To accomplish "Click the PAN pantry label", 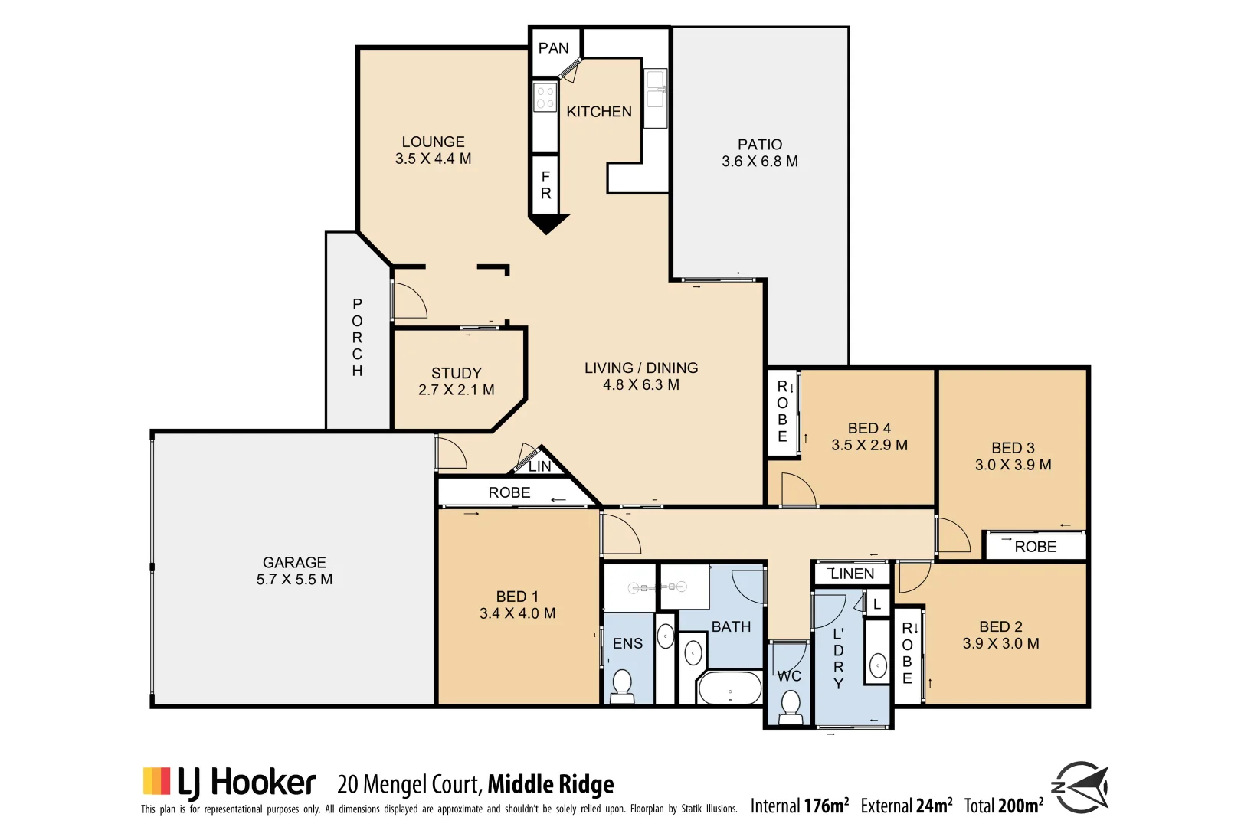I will tap(553, 48).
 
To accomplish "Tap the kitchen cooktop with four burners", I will tap(545, 98).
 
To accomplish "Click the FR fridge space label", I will tap(545, 185).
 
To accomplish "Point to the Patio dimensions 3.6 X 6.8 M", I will tap(759, 162).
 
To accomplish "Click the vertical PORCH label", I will tap(357, 337).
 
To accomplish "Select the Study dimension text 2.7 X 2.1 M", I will tap(456, 390).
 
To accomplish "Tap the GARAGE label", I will tap(294, 562).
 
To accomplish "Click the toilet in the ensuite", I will tap(621, 685).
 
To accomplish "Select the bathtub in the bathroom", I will tap(729, 688).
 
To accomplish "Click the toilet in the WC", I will tap(790, 705).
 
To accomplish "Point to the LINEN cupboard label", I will tap(852, 574).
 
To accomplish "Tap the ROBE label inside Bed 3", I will tap(1035, 547).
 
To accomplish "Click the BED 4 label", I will tap(869, 428).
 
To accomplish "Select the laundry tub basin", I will tap(878, 665).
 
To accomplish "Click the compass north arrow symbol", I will tap(1081, 787).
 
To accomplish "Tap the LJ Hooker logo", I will tap(228, 783).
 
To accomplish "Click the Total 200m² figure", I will tap(1004, 806).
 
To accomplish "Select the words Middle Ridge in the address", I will tap(550, 784).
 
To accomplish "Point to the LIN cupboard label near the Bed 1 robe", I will tap(539, 466).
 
